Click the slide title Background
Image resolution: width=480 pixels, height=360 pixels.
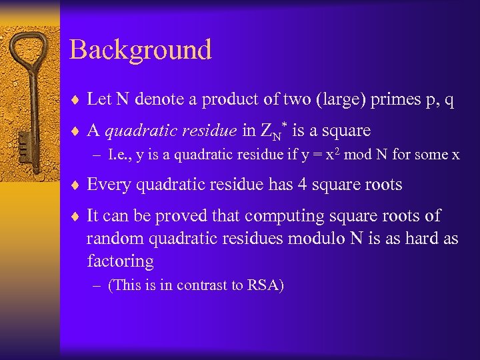point(140,50)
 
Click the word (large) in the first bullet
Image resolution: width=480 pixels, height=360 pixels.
point(340,100)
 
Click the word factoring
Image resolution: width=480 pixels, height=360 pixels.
point(120,261)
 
